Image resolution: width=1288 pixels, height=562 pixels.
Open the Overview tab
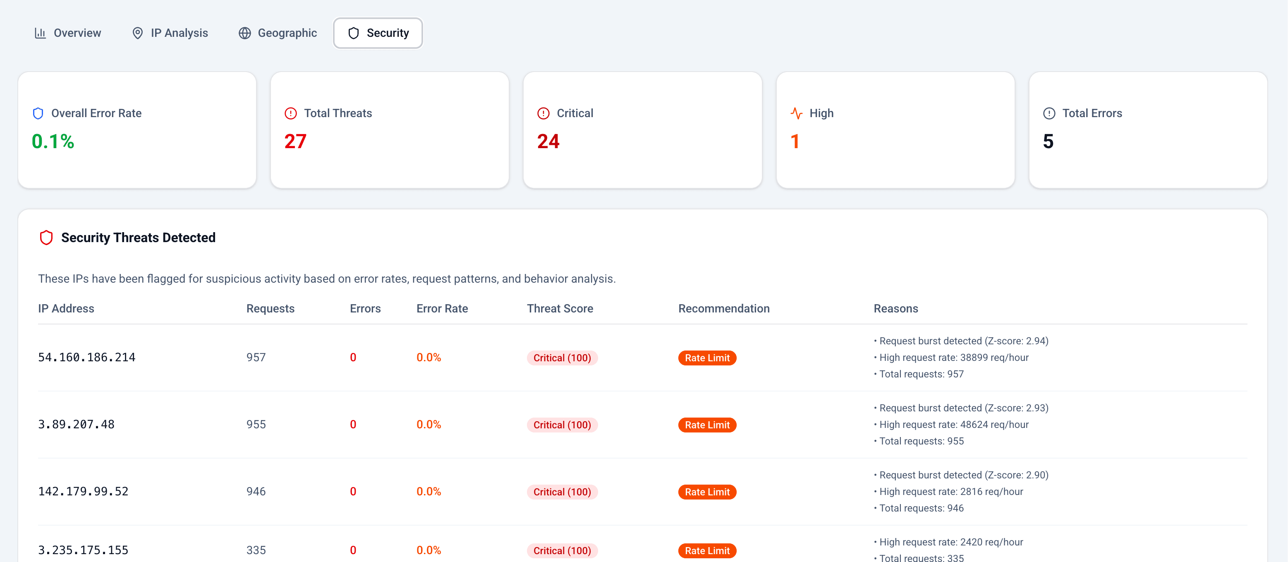pos(67,33)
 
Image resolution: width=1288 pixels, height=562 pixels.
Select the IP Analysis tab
pos(170,33)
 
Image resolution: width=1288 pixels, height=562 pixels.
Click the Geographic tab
pos(278,33)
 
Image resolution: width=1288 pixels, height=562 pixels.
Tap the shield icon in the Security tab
pos(354,33)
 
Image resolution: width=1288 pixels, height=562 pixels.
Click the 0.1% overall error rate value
pos(53,142)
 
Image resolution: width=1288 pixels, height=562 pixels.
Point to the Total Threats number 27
pos(295,142)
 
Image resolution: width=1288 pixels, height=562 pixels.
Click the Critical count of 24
pos(548,142)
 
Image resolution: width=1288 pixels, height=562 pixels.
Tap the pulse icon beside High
pos(796,114)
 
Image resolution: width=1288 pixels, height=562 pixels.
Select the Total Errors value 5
pos(1048,142)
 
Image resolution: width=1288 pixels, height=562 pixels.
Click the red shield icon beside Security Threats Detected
pos(46,238)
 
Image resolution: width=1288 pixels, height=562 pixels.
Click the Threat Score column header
pos(560,309)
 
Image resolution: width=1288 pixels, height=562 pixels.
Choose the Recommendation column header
pos(723,309)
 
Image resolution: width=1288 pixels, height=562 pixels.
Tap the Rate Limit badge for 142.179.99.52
pos(707,492)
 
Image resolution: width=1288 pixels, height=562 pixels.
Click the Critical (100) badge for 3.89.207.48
pos(562,425)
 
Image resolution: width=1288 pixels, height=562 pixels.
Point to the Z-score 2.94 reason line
pos(963,341)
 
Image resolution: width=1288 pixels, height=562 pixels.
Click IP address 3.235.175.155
pos(83,550)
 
